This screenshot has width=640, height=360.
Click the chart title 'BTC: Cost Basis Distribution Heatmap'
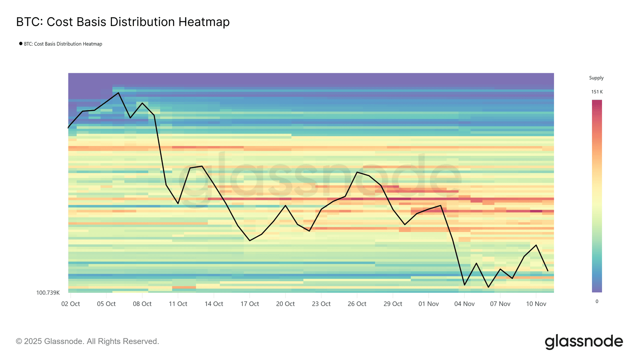123,22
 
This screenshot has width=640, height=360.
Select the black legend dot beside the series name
21,44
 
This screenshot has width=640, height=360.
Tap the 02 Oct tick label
70,304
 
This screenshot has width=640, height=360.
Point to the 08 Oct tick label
142,304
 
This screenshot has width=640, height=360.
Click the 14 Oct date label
214,304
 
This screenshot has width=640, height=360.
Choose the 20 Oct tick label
285,304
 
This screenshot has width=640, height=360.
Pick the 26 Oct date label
357,304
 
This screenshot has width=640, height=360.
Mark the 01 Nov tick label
428,304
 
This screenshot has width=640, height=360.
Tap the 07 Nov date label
500,304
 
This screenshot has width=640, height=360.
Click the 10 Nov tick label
536,304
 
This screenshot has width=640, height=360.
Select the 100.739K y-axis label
48,293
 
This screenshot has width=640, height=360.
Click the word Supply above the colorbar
596,78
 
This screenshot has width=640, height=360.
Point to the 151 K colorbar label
597,92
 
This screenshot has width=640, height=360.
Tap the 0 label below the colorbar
597,302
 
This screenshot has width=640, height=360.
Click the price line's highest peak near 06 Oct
118,93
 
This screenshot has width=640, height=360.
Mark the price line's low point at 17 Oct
250,240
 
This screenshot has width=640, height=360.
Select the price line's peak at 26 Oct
357,172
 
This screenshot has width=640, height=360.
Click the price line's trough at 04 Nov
464,285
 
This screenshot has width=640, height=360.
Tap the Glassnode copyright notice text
87,341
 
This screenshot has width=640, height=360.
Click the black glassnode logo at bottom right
584,342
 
